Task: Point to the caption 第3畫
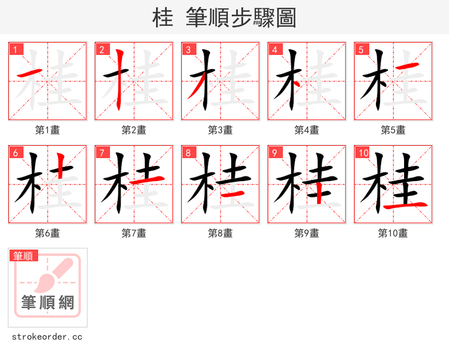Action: point(220,130)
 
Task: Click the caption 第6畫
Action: point(47,233)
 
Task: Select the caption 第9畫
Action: point(306,233)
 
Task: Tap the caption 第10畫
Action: point(393,233)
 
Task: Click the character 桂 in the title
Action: point(163,18)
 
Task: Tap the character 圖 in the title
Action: point(286,18)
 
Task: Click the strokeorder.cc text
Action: point(47,337)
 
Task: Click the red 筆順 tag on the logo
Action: point(24,256)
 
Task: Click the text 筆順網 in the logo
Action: point(48,303)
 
